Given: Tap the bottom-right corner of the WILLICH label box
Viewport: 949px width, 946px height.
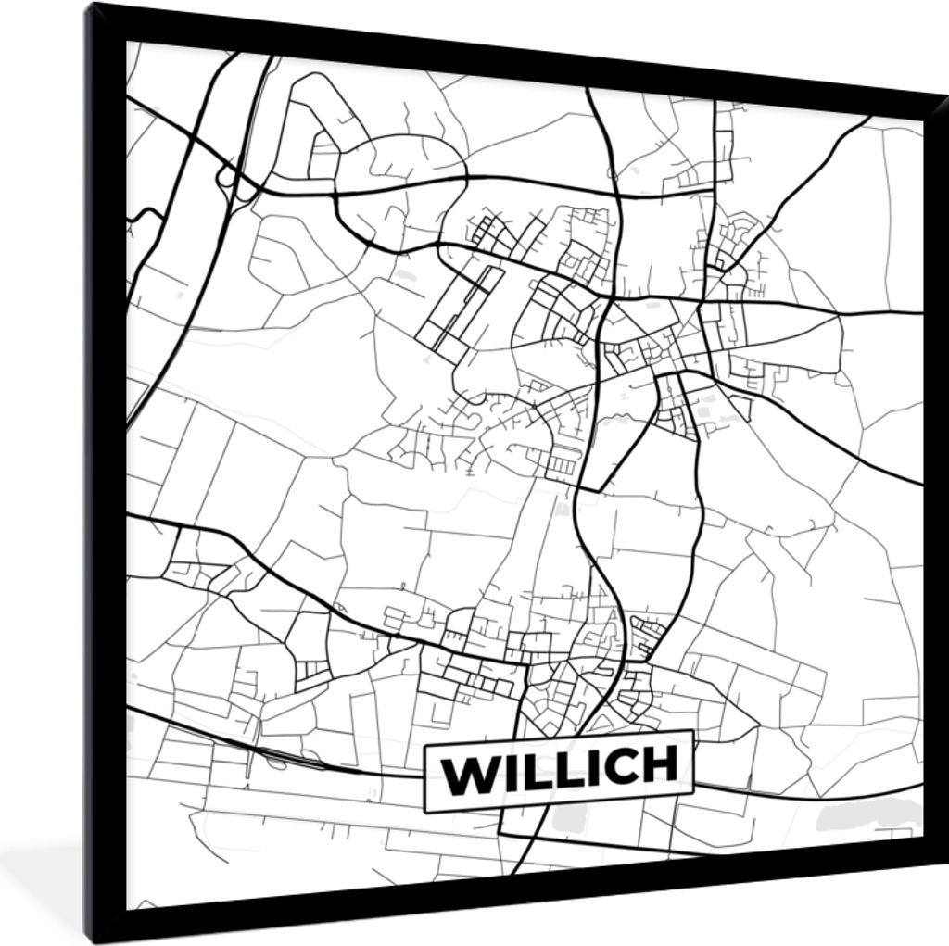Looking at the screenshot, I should [x=694, y=792].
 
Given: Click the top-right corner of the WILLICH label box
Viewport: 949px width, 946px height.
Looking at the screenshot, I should [x=691, y=731].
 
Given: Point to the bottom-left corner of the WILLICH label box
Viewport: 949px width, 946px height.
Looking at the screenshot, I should [x=425, y=813].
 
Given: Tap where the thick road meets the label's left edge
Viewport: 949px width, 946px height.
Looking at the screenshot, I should [x=424, y=778].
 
